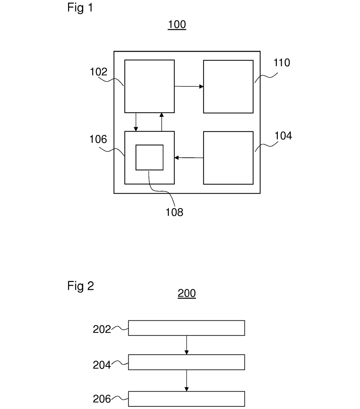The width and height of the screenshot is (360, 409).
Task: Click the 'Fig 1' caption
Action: [80, 8]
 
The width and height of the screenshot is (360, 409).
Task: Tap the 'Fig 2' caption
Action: [81, 286]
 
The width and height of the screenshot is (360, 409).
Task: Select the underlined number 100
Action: [177, 25]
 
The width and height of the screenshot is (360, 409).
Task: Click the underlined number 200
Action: [187, 293]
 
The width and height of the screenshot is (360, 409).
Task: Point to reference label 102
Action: [99, 72]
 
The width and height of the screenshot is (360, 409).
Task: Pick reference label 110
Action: [282, 62]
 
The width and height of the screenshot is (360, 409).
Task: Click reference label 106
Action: [98, 139]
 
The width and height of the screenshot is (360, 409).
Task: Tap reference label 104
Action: [283, 136]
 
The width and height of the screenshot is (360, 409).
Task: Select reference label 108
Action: [174, 212]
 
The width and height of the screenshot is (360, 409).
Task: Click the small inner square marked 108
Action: [150, 157]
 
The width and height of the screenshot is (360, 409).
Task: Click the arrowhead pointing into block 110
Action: [201, 86]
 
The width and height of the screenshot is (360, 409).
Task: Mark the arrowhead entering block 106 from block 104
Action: [176, 158]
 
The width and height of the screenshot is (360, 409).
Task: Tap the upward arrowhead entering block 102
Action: [162, 115]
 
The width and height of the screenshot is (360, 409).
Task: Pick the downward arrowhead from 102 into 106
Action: [136, 129]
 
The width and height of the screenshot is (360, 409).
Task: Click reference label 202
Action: [102, 329]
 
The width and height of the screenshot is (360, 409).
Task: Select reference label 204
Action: [102, 365]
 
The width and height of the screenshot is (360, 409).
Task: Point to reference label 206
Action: [102, 399]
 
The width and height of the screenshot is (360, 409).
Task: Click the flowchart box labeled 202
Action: [187, 328]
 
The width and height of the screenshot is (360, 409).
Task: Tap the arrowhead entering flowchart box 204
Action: [187, 352]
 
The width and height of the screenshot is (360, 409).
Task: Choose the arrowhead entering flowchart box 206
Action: [187, 389]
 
